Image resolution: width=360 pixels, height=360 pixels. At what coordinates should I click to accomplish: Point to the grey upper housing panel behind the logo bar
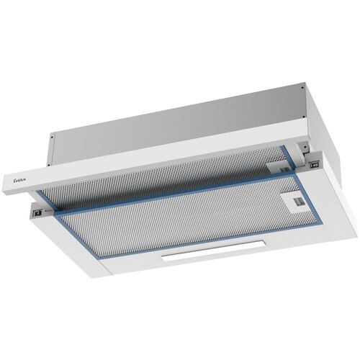coord(180,115)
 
